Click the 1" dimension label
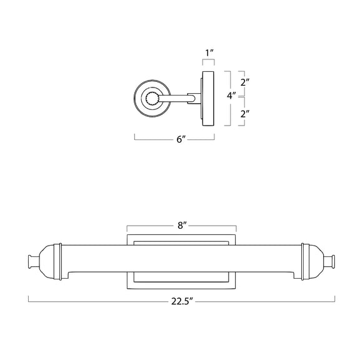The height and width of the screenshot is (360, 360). click(x=209, y=53)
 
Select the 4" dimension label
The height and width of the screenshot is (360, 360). click(x=231, y=96)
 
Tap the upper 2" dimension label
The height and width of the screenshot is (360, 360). click(x=245, y=82)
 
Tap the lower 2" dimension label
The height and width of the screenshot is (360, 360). click(x=245, y=114)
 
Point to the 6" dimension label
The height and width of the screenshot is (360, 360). click(x=181, y=139)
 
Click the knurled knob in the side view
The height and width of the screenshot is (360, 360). click(x=152, y=99)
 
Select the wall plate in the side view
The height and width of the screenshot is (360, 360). click(x=208, y=99)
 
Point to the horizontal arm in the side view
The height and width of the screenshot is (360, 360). click(x=176, y=99)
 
